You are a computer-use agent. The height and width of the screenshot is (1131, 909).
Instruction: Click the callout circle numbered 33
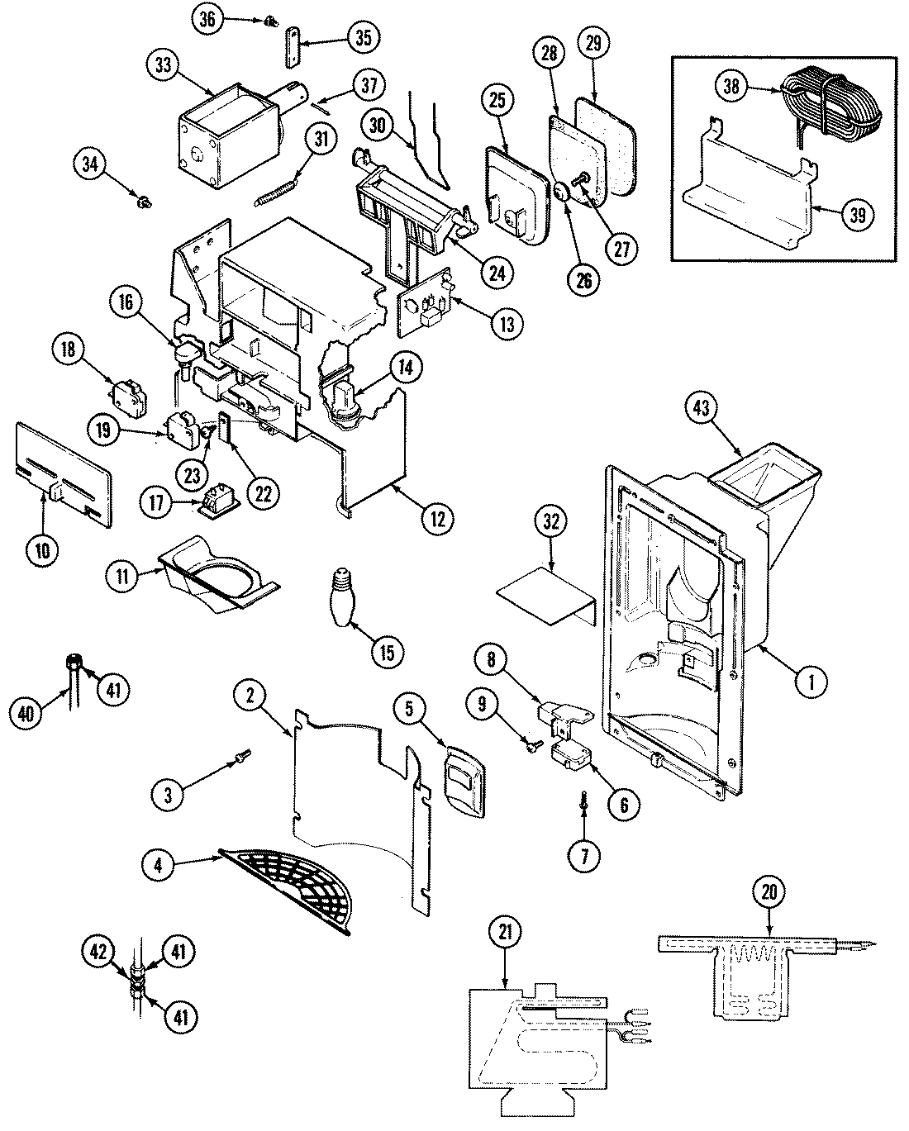[x=162, y=66]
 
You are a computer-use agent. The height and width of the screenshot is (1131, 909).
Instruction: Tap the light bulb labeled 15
[x=344, y=596]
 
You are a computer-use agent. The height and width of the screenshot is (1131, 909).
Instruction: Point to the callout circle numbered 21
[x=505, y=931]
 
